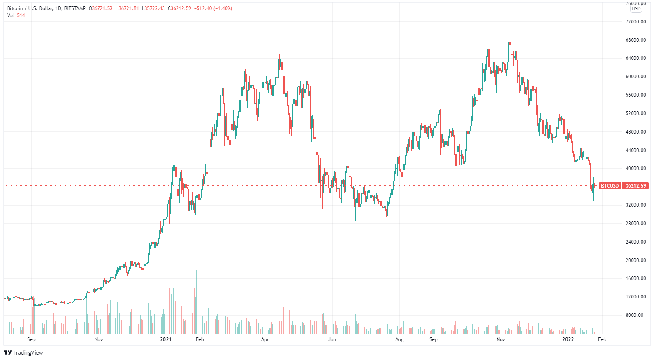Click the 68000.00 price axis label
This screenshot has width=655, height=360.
pyautogui.click(x=636, y=40)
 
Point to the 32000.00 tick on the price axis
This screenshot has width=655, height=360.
pyautogui.click(x=636, y=205)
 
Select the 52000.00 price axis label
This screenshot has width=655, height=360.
pyautogui.click(x=636, y=113)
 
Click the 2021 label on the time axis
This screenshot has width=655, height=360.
pyautogui.click(x=166, y=339)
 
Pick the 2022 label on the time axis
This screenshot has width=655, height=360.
pyautogui.click(x=568, y=339)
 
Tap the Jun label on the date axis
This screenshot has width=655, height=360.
pyautogui.click(x=332, y=339)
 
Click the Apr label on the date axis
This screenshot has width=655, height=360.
pyautogui.click(x=265, y=339)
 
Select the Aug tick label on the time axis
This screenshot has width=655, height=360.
pyautogui.click(x=399, y=339)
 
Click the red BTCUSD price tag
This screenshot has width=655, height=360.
pyautogui.click(x=609, y=185)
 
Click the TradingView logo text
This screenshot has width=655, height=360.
pyautogui.click(x=28, y=353)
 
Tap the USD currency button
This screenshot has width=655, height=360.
pyautogui.click(x=636, y=9)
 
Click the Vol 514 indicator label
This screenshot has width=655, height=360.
pyautogui.click(x=16, y=15)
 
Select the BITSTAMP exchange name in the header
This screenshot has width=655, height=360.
pyautogui.click(x=75, y=8)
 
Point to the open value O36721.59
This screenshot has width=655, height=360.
pyautogui.click(x=100, y=8)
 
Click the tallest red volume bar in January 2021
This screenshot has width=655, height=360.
pyautogui.click(x=177, y=293)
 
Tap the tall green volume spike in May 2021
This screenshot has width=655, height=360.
pyautogui.click(x=318, y=301)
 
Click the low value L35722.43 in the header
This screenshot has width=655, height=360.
pyautogui.click(x=153, y=8)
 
